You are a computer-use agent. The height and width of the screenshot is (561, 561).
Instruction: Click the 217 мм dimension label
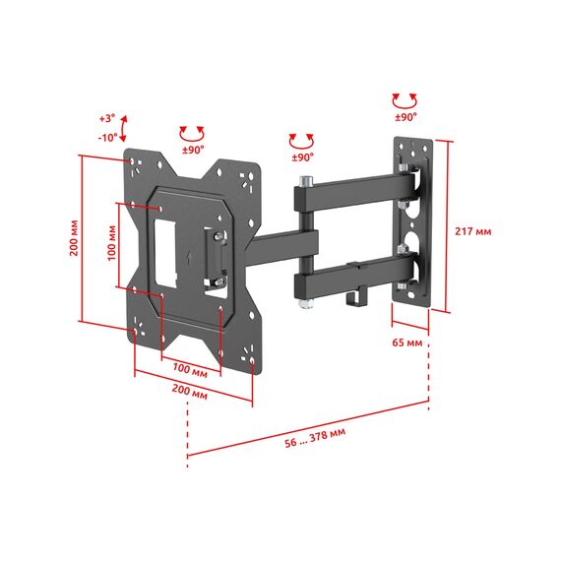tap(473, 231)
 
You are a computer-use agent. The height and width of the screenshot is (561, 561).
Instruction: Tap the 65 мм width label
tap(407, 343)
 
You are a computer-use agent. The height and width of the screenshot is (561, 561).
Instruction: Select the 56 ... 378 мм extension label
tap(315, 438)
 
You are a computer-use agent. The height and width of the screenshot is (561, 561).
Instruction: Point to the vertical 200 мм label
tap(74, 237)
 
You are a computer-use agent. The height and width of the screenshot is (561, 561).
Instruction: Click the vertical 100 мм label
tap(112, 242)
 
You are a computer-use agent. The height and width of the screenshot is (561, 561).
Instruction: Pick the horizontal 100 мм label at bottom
tap(190, 369)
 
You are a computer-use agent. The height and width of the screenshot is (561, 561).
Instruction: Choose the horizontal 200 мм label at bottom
tap(190, 391)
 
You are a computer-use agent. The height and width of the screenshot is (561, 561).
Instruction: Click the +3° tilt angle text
tap(107, 118)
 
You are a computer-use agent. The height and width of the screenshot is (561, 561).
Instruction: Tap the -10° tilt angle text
tap(107, 137)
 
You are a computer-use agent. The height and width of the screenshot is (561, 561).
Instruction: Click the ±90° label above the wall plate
tap(405, 117)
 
